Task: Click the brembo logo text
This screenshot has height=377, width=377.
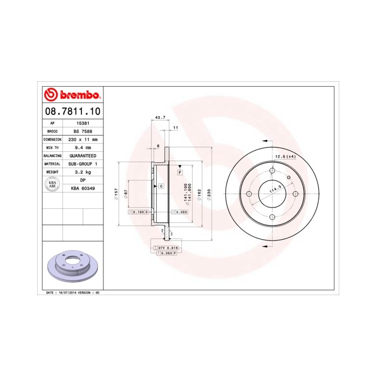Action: click(77, 95)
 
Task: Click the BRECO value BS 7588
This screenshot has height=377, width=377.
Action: click(82, 131)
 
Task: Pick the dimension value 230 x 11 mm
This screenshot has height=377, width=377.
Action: click(82, 139)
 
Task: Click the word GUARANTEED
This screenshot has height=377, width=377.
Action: click(82, 155)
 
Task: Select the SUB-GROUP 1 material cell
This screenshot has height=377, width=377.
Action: click(82, 163)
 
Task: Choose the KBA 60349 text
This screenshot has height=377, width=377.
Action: click(82, 188)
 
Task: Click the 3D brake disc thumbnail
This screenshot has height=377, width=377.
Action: click(72, 266)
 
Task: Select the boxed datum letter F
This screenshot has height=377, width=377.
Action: click(179, 172)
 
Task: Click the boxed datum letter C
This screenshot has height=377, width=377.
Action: click(160, 186)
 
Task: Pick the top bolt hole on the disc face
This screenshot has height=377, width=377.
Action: click(271, 172)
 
